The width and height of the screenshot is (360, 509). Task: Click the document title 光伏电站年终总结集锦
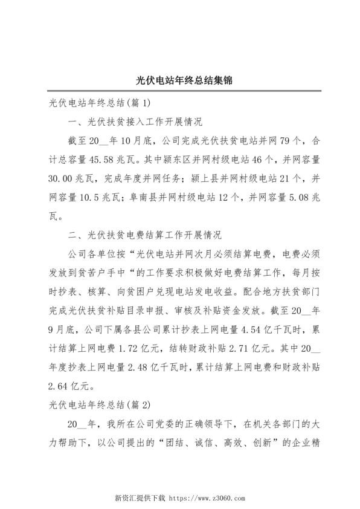pyautogui.click(x=180, y=80)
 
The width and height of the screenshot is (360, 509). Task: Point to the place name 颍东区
pyautogui.click(x=177, y=160)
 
